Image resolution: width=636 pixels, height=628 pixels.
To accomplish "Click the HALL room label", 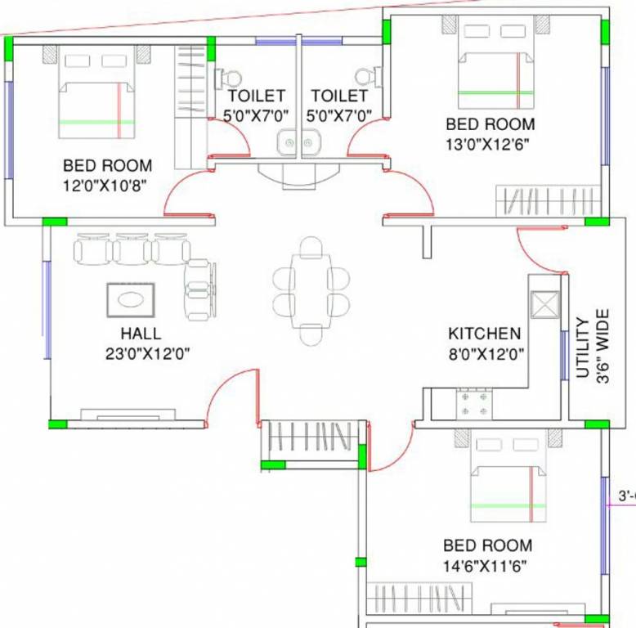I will (141, 334).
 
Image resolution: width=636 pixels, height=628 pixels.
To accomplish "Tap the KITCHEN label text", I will (484, 334).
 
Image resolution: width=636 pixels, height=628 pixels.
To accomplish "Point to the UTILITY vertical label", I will (583, 348).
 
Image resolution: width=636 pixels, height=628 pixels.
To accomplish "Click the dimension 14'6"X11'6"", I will (487, 565).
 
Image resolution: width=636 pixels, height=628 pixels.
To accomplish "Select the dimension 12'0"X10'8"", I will (105, 184).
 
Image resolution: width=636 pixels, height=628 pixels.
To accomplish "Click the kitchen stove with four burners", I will (475, 402).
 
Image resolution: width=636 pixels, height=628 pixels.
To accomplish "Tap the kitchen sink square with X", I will (544, 307).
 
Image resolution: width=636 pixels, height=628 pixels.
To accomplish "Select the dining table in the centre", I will (311, 289).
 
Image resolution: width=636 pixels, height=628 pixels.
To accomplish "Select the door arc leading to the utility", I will (535, 253).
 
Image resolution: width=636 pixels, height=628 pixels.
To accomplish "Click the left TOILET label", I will (256, 96).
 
